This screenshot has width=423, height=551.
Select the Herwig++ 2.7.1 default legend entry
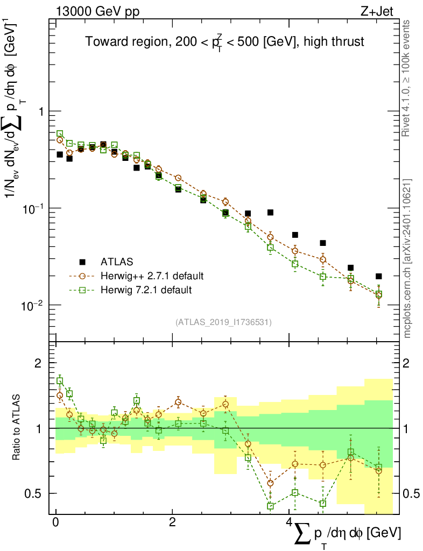pos(152,276)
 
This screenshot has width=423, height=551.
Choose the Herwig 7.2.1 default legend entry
pos(146,290)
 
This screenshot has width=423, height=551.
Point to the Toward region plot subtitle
pos(225,43)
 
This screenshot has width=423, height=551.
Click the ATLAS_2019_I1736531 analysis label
pos(223,322)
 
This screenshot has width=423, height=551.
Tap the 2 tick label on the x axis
pos(172,523)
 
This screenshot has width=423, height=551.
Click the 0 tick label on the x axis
pos(56,523)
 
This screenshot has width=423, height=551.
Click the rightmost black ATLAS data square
pos(379,276)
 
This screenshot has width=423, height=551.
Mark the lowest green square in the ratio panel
pos(271,506)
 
